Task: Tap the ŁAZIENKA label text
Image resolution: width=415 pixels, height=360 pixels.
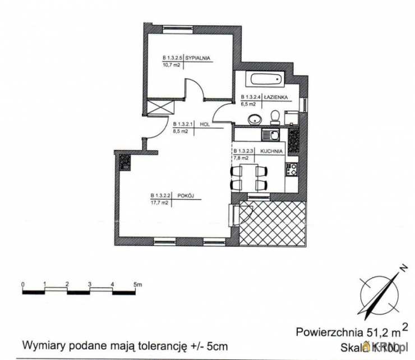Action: click(x=278, y=96)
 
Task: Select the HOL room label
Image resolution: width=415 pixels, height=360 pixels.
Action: click(x=204, y=124)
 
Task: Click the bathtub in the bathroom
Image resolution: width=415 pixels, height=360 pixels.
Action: click(x=268, y=81)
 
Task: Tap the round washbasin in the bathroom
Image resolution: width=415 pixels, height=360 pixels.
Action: click(x=255, y=119)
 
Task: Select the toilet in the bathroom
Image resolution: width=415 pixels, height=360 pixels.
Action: click(x=275, y=117)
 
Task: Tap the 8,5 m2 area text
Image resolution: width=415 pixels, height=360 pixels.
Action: click(x=181, y=131)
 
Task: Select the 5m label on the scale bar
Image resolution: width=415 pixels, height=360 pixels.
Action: click(x=138, y=284)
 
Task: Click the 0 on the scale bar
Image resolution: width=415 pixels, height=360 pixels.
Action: click(x=22, y=284)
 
